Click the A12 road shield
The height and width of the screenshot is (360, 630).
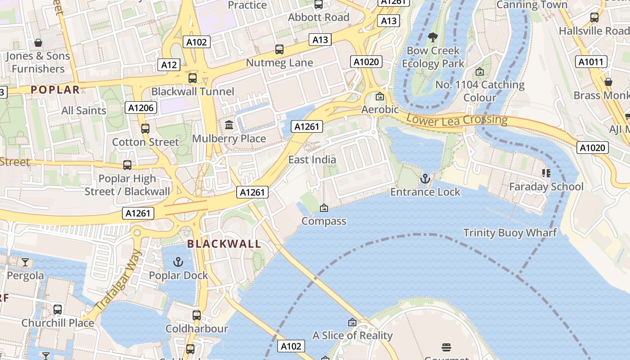169,65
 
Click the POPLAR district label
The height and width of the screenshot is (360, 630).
55,90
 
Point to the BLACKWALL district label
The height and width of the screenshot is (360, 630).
224,244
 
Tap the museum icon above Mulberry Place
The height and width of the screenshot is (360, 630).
229,125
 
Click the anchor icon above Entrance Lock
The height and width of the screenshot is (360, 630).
425,179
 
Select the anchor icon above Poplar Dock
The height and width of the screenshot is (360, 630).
179,262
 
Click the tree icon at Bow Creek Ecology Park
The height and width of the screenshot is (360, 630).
433,37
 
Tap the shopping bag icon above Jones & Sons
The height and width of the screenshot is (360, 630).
38,43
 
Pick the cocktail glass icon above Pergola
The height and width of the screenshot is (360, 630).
25,262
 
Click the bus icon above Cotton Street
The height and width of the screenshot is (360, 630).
145,128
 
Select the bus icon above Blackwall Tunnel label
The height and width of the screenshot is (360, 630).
193,78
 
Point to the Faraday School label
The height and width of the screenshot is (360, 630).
546,186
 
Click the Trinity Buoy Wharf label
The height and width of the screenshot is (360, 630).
510,233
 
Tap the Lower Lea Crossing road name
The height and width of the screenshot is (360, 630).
457,120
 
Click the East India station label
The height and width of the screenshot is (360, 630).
312,159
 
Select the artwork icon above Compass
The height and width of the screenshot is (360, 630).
324,208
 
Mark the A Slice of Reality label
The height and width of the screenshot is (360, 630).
352,335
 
